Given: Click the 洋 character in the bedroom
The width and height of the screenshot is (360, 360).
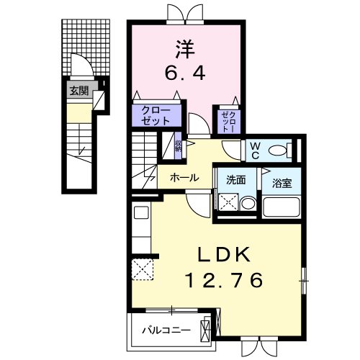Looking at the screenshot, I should click(x=184, y=49).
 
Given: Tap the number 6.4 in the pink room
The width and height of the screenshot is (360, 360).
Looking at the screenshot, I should click(x=184, y=73).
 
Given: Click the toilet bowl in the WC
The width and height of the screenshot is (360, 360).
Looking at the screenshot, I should click(x=291, y=150).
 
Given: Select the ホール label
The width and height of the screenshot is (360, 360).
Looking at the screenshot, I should click(x=184, y=176).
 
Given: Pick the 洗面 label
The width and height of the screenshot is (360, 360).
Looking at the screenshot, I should click(x=236, y=179).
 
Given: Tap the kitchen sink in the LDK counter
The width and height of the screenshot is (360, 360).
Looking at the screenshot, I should click(x=140, y=213).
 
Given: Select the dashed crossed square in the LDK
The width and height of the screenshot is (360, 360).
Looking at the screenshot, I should click(x=143, y=271).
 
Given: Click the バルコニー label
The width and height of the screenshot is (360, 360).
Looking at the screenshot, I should click(x=166, y=330).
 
